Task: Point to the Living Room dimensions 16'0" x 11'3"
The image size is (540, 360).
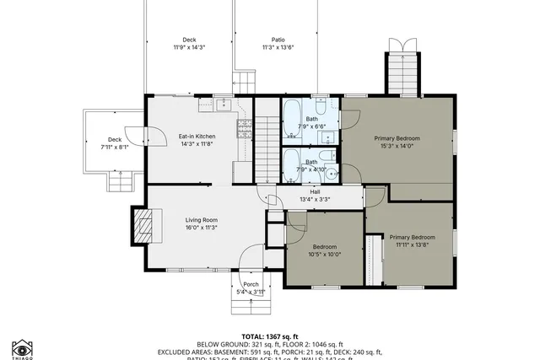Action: (202, 227)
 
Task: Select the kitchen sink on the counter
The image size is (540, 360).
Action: (222, 105)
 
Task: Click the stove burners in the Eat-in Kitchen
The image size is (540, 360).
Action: (244, 128)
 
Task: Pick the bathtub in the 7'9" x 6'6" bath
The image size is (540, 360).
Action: (291, 119)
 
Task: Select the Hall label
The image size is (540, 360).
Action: (315, 191)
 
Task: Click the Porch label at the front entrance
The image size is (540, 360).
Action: (251, 284)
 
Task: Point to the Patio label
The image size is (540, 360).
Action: (278, 40)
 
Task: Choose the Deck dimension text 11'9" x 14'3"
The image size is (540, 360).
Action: (189, 47)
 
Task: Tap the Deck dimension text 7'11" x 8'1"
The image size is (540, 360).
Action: (114, 147)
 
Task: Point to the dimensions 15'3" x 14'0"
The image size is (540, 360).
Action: (397, 145)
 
